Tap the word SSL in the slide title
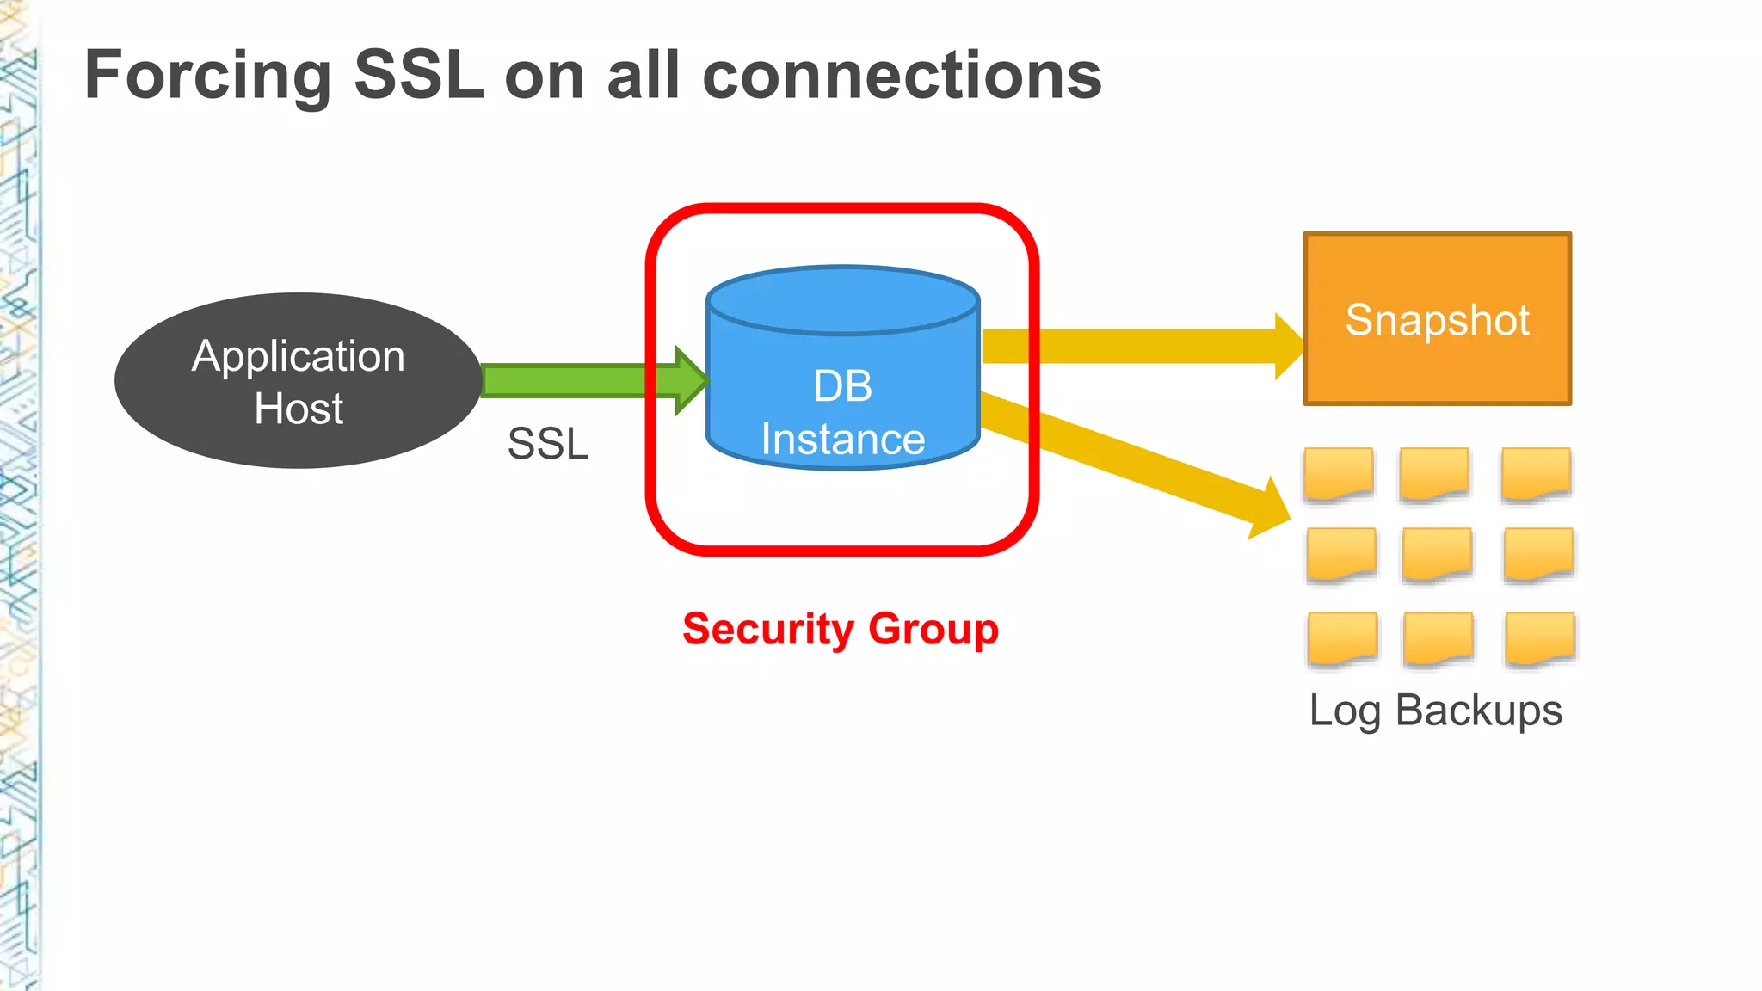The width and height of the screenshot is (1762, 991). click(419, 76)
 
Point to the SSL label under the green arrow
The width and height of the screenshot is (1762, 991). click(548, 444)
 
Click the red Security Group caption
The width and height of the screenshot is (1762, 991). click(841, 629)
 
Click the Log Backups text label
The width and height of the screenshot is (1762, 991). click(1435, 711)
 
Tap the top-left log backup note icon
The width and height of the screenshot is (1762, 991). click(1338, 473)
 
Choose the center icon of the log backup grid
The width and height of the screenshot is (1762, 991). click(1437, 554)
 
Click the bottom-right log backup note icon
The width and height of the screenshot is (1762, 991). click(1540, 638)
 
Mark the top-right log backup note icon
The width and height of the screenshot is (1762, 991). click(1536, 473)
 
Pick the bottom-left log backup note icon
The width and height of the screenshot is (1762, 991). click(1341, 638)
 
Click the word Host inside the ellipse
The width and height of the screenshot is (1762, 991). click(299, 409)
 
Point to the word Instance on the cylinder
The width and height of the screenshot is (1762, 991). click(843, 440)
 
